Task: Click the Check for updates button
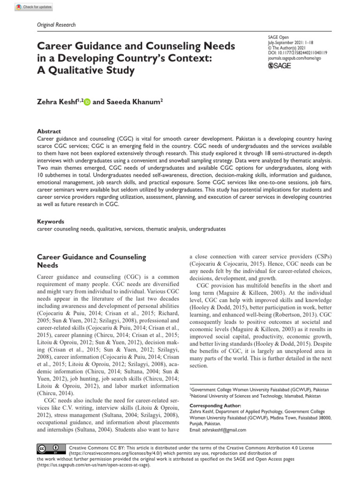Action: click(x=34, y=7)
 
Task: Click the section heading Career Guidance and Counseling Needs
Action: click(x=91, y=261)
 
